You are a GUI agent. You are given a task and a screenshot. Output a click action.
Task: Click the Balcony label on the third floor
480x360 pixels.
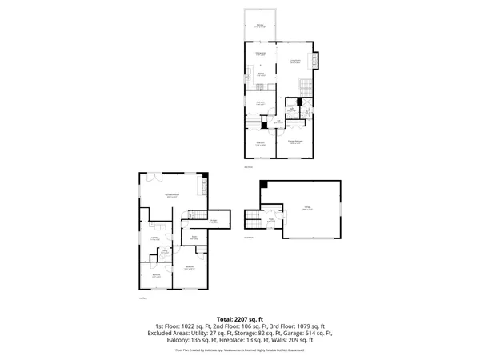click(260, 26)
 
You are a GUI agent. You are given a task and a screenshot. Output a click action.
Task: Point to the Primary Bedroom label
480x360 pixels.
click(295, 140)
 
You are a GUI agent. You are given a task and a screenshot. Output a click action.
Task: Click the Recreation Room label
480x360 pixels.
click(171, 194)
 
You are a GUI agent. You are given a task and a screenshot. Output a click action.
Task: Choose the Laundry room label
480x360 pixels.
click(153, 238)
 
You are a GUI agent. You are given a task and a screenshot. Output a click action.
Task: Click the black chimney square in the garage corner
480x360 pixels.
click(263, 182)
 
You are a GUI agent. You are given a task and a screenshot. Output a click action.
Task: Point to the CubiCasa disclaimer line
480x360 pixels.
click(240, 348)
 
